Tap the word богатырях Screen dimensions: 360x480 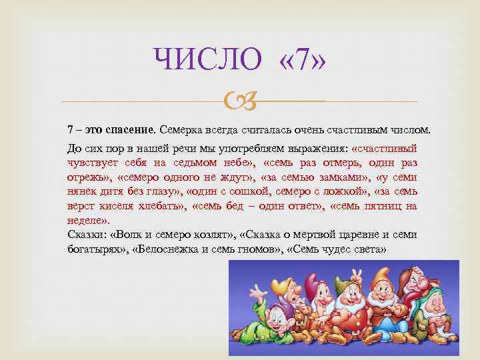coord(93,251)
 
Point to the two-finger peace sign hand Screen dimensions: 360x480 coord(356,271)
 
